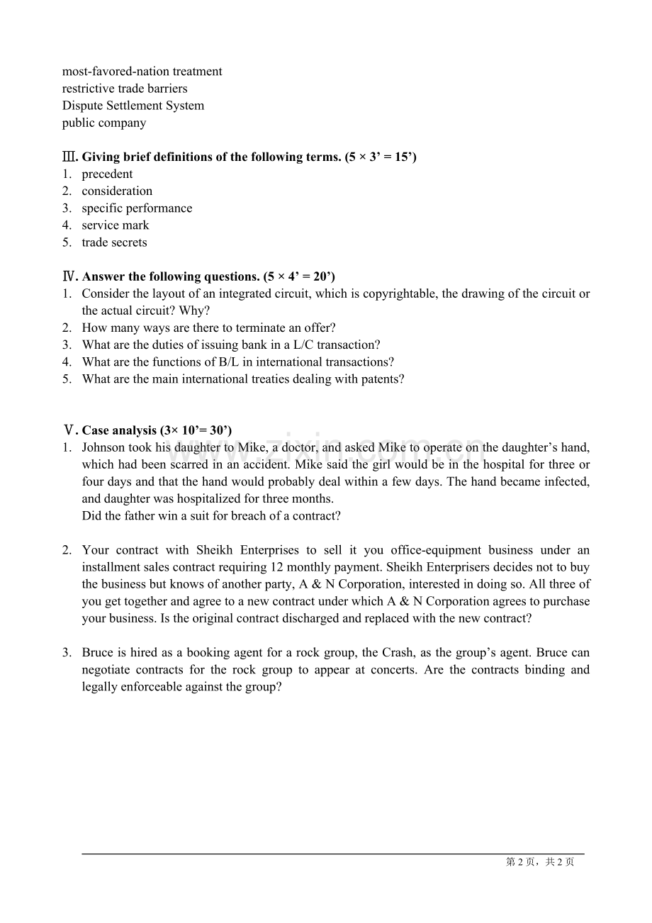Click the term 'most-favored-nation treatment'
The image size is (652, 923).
[142, 72]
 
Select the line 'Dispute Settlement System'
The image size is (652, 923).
[133, 106]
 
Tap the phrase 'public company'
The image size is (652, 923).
[104, 123]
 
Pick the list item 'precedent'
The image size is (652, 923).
[107, 174]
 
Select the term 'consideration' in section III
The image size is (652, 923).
[117, 191]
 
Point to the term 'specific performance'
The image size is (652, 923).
[137, 208]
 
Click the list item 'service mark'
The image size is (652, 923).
[116, 225]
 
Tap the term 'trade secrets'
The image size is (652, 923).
[114, 242]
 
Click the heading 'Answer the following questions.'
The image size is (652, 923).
[171, 276]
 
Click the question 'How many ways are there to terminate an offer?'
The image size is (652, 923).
[208, 328]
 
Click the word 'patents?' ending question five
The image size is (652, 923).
[381, 379]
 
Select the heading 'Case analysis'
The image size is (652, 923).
[119, 430]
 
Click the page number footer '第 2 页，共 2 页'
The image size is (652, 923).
[540, 862]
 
